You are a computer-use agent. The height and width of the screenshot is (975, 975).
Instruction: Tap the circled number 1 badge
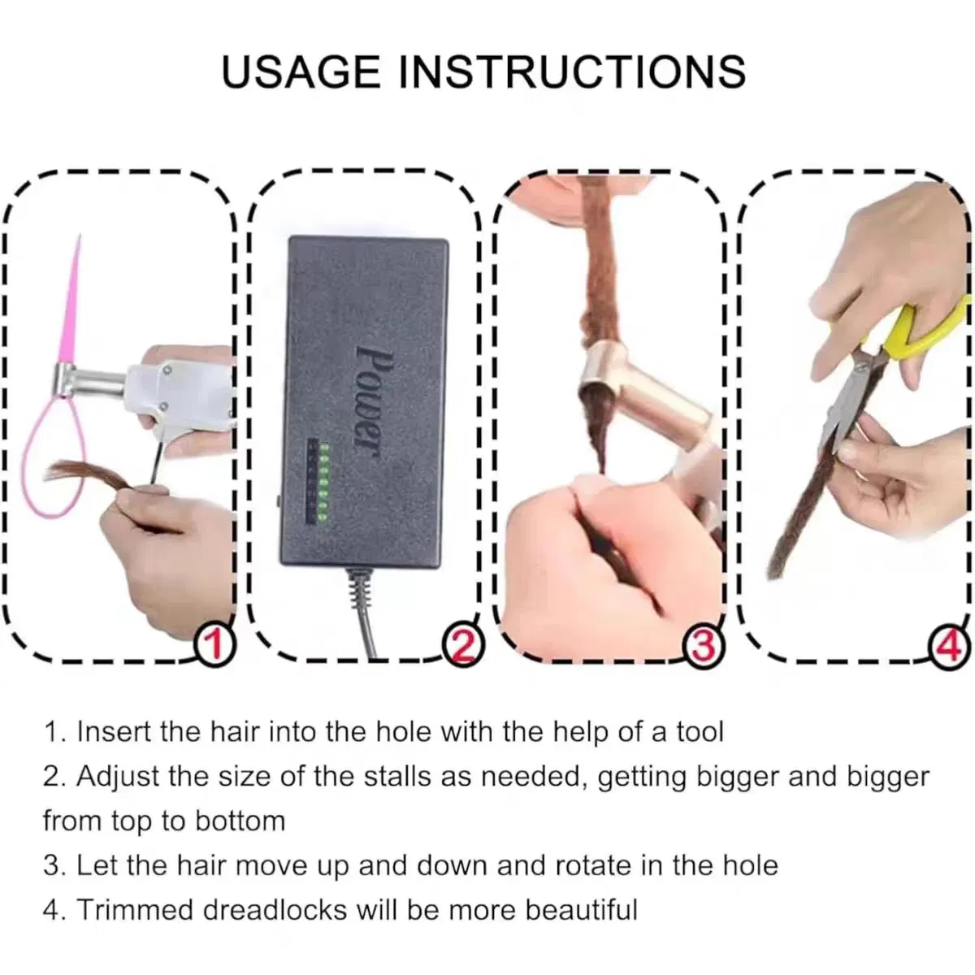[215, 647]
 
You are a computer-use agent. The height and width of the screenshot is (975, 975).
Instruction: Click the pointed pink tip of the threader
[79, 244]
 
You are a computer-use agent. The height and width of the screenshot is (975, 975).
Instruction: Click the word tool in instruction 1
[700, 732]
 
